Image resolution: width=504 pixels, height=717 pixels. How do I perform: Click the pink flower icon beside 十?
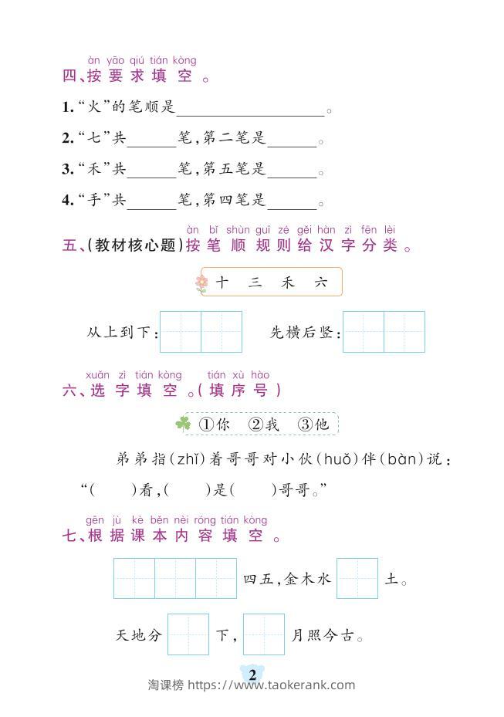201,283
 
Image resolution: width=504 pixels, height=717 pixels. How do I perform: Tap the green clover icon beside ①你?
183,424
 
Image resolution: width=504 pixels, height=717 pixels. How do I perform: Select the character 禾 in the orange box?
288,282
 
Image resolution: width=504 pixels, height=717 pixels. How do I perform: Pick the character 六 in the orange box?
321,282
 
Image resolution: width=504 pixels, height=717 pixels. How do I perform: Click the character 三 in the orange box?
255,282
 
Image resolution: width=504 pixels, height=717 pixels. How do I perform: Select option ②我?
263,424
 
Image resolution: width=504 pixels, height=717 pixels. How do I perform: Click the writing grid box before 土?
357,578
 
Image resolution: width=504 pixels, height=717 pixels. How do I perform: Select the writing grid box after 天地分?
188,634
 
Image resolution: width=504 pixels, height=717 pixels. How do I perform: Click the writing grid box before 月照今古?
264,634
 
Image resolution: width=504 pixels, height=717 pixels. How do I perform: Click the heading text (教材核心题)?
135,246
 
